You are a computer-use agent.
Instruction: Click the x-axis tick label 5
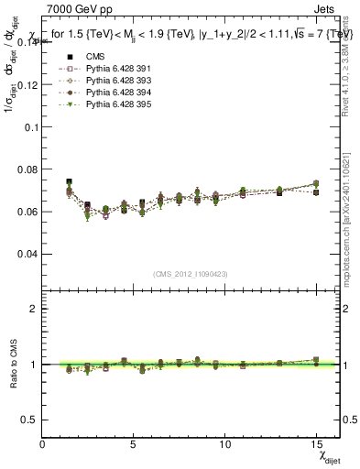(x=134, y=442)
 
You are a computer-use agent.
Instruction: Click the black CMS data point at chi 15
(x=316, y=192)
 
